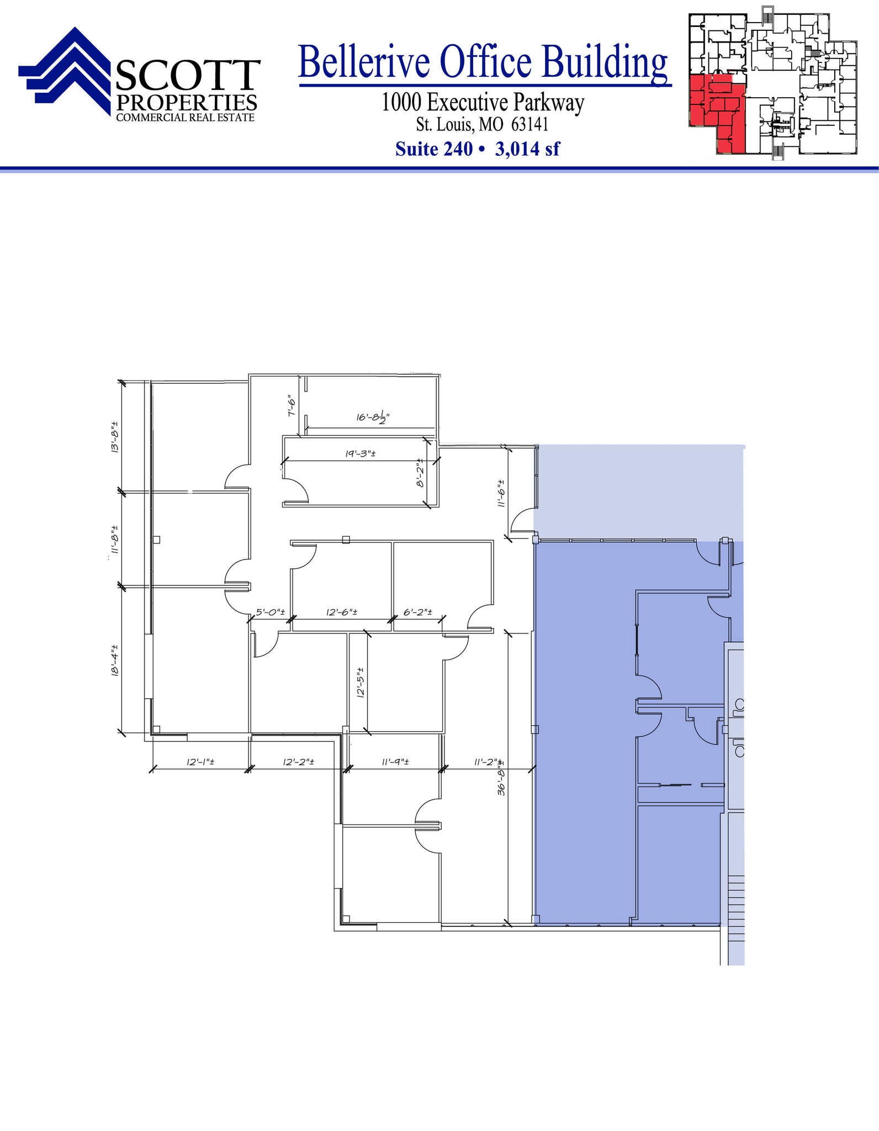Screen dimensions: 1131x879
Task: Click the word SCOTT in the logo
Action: point(188,76)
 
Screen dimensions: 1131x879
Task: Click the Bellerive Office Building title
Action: point(483,62)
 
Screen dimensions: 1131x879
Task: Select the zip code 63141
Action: point(529,124)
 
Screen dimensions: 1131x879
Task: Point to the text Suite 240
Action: point(434,149)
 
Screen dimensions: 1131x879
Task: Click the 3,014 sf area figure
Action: point(527,149)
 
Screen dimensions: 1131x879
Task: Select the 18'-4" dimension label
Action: point(114,660)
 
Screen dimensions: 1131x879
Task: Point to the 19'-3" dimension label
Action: point(361,454)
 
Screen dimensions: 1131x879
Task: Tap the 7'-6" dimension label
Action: point(292,407)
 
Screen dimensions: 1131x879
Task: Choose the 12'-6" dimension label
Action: point(342,612)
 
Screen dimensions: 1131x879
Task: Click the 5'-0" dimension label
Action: point(270,612)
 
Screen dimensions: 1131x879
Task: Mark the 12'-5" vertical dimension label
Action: point(361,683)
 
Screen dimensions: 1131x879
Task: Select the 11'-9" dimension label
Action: point(395,762)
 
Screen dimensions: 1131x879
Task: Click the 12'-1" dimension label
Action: point(200,762)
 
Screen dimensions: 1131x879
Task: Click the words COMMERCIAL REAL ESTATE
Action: point(185,118)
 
